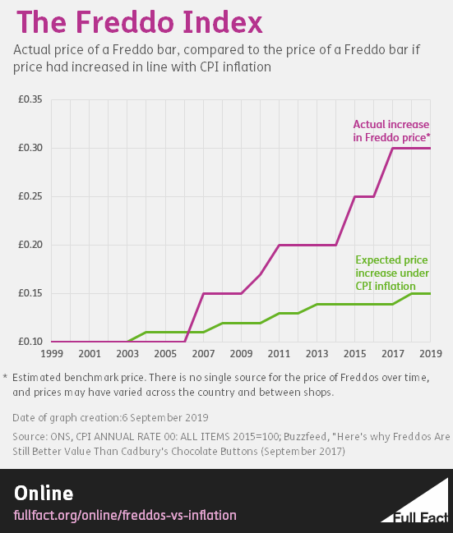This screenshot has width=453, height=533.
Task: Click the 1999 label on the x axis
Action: click(x=52, y=354)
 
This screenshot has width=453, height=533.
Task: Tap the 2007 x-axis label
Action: click(x=202, y=354)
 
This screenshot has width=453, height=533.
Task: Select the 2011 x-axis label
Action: click(x=279, y=354)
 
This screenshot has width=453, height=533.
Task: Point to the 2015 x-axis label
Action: click(x=354, y=354)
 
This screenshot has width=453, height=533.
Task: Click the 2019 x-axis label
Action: click(x=429, y=354)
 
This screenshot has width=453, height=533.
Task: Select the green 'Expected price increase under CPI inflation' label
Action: click(x=391, y=273)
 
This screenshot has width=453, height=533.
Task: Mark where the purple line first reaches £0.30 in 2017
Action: click(x=392, y=148)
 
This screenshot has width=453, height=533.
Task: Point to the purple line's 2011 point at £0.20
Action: click(x=279, y=245)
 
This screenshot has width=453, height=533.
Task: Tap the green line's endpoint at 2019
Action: click(x=430, y=293)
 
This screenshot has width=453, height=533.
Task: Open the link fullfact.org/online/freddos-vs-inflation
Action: click(x=126, y=515)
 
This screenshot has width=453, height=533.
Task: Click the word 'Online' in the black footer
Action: click(x=44, y=493)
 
